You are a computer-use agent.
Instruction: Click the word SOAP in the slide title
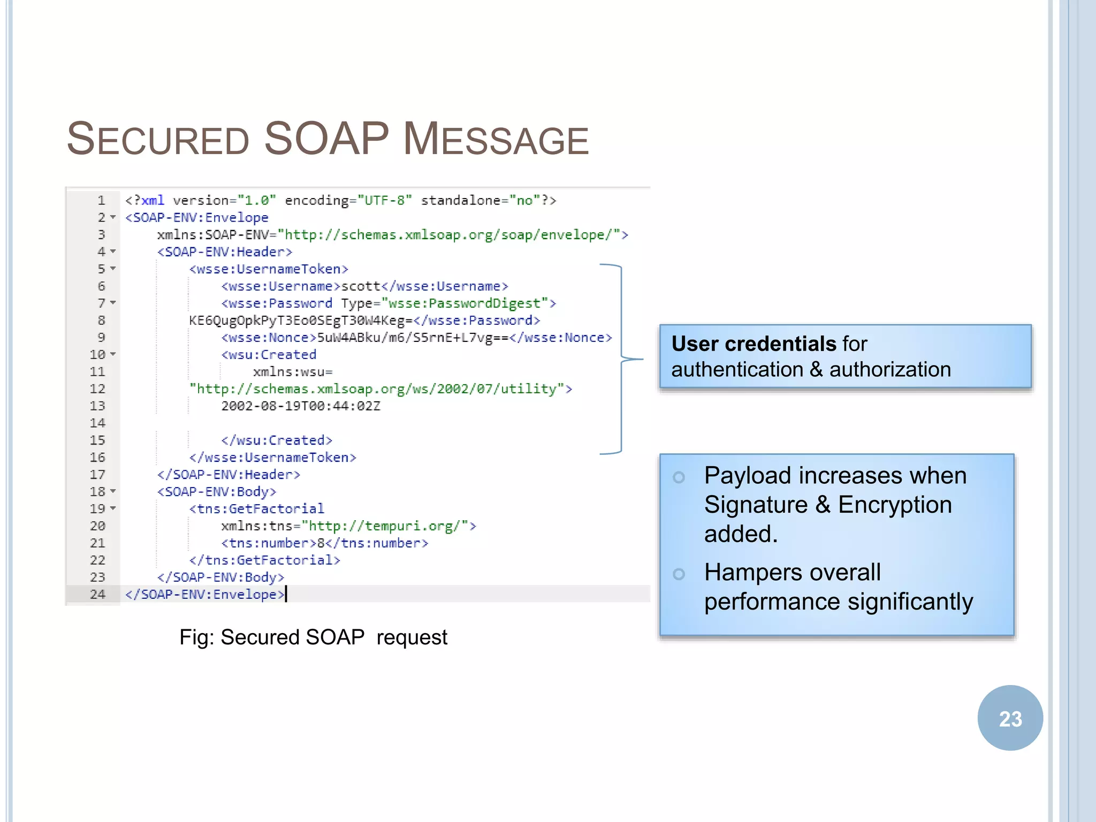point(326,139)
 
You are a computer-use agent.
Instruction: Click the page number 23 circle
point(1010,718)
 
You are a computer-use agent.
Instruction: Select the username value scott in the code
point(361,286)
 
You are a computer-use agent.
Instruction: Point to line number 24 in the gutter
point(97,594)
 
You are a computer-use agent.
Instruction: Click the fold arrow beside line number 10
point(113,354)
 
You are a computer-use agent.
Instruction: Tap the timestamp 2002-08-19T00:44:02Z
point(301,406)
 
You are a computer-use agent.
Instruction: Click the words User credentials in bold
point(753,344)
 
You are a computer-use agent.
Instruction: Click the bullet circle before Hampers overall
point(679,574)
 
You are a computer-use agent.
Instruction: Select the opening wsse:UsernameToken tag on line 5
point(269,269)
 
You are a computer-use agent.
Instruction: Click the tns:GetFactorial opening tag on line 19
point(257,508)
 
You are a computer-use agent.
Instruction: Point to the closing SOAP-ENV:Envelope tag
point(205,594)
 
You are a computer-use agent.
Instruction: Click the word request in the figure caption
point(412,637)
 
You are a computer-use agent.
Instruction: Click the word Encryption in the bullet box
point(895,505)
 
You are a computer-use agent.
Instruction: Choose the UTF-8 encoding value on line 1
point(385,201)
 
